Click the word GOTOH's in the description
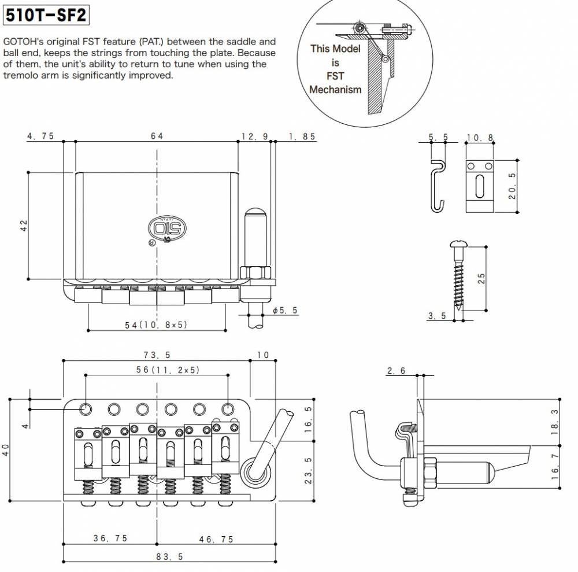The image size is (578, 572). point(21,42)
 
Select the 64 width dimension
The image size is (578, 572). point(157,136)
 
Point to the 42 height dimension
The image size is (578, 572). point(24,225)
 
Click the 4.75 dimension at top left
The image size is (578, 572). point(40,136)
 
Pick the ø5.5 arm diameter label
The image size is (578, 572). point(285,311)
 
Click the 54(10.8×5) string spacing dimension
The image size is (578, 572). point(157,324)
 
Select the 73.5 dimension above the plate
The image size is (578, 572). point(157,355)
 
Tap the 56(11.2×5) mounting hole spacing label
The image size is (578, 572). point(157,369)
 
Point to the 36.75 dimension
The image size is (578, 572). point(110,538)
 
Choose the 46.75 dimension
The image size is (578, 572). point(217,538)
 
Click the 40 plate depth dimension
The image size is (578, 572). point(6,449)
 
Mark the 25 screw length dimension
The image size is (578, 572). point(480,278)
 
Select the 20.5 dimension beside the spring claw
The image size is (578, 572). point(512,185)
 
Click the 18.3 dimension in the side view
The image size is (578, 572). point(554,422)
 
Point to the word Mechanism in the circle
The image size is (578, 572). point(335,90)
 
